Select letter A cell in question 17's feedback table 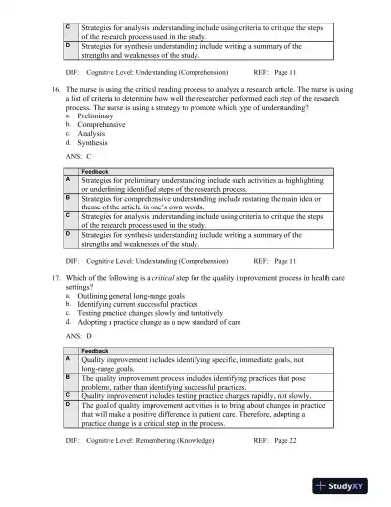click(68, 359)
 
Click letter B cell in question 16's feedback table click(68, 198)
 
